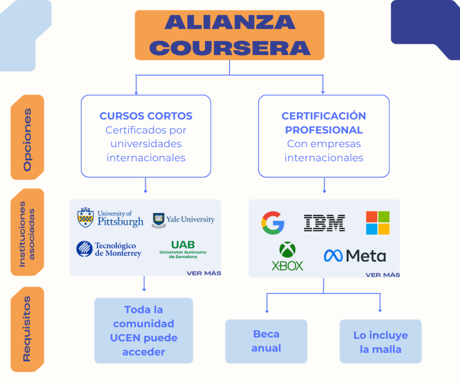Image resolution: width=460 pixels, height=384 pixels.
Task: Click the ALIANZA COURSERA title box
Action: point(229,35)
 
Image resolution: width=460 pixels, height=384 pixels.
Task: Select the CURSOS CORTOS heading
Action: point(146,116)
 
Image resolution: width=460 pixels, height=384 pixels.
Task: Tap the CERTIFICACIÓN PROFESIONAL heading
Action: point(323,123)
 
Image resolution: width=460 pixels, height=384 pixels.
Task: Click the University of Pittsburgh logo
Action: point(111,218)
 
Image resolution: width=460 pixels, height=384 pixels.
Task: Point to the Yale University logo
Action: point(183,220)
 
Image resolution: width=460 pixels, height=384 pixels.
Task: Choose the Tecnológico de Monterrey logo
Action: point(109,249)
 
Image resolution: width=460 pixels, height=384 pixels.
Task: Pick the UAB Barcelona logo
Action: point(183,249)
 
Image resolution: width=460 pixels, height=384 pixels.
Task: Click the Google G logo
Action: point(273,223)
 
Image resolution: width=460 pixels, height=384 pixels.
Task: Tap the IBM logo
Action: point(324,223)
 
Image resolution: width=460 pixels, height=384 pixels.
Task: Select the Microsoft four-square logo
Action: point(377,223)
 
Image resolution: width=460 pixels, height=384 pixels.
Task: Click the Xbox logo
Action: point(287,256)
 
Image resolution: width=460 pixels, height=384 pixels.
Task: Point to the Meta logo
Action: point(355,256)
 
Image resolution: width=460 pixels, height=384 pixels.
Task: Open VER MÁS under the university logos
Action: point(204,273)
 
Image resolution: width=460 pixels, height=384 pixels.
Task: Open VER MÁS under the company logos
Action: point(383,275)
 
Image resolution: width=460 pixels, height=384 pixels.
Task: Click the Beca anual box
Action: point(266,341)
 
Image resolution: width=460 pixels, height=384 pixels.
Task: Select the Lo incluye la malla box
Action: point(380,342)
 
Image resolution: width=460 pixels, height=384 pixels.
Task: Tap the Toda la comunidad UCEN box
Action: point(144,331)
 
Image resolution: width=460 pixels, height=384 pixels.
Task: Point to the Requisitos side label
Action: point(27,329)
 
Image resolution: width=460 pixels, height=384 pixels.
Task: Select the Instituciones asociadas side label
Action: point(27,232)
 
